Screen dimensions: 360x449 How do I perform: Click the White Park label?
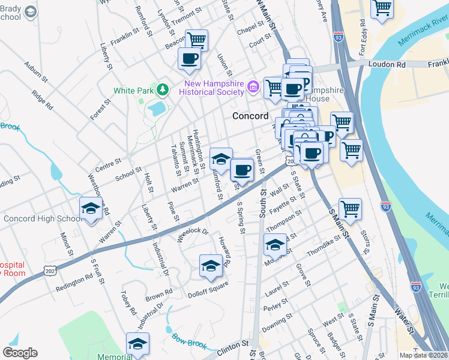[133, 91]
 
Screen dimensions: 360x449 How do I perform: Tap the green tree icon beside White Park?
[161, 90]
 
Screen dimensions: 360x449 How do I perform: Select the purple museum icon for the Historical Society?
[253, 88]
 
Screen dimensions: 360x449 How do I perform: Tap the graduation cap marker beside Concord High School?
[91, 208]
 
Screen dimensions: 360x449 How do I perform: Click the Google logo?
[20, 353]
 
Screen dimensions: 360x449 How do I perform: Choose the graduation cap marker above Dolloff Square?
[211, 265]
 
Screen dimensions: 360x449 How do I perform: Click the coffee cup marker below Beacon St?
[190, 59]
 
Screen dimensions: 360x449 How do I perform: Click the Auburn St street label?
[36, 70]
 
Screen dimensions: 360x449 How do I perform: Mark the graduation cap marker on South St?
[276, 244]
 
